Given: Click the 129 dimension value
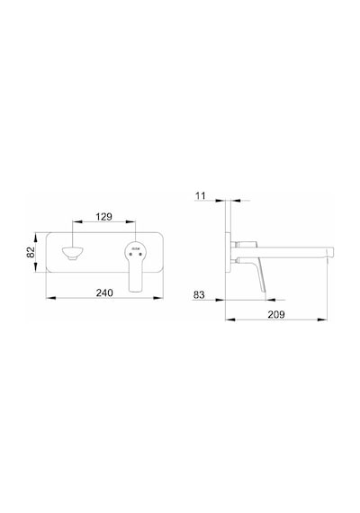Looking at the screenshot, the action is pyautogui.click(x=103, y=217).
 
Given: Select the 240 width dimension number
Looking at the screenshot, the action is pyautogui.click(x=104, y=292).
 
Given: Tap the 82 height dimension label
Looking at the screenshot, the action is pyautogui.click(x=31, y=252).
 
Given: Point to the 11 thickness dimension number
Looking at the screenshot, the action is pyautogui.click(x=201, y=195).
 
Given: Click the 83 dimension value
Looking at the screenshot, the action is pyautogui.click(x=199, y=295).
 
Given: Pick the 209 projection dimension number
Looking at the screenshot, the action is pyautogui.click(x=276, y=314).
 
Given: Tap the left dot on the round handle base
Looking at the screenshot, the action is pyautogui.click(x=130, y=255).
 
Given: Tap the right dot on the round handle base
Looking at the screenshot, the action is pyautogui.click(x=140, y=255).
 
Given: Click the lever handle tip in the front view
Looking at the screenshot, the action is pyautogui.click(x=136, y=289).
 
